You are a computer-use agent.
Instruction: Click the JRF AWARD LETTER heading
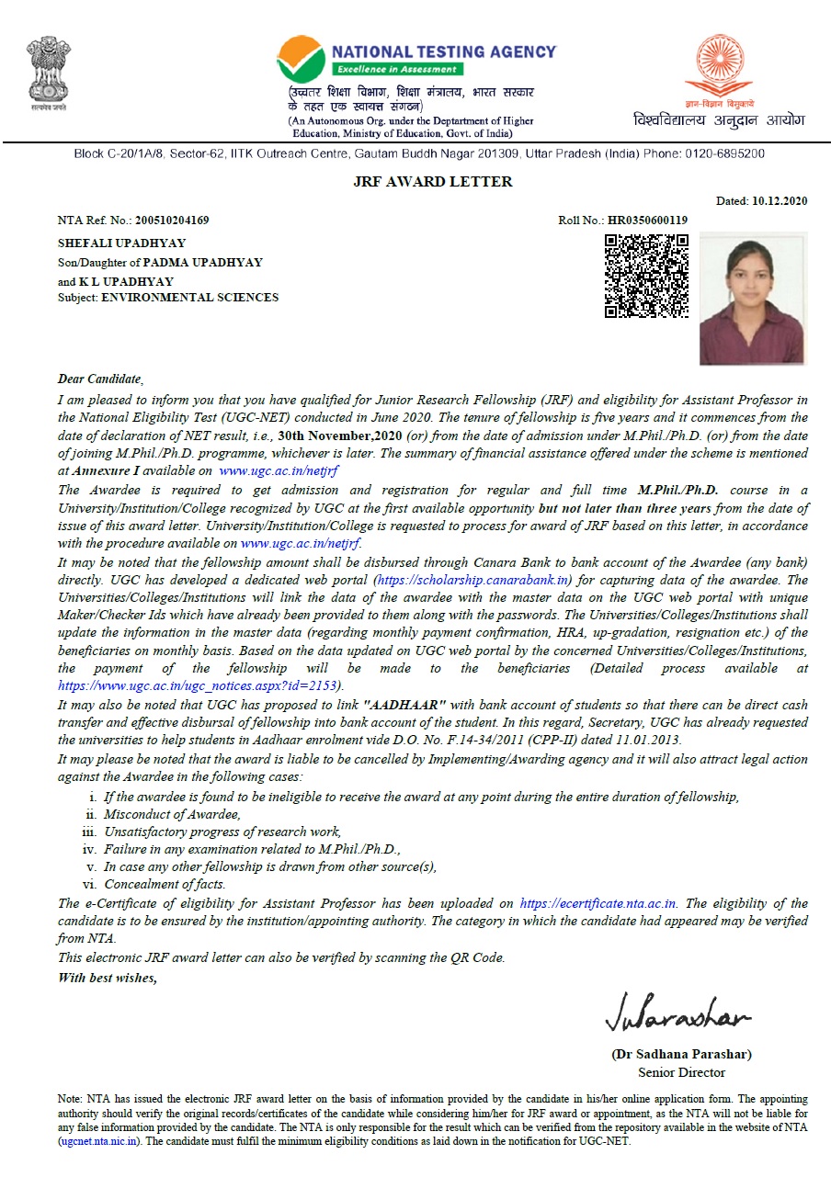point(432,181)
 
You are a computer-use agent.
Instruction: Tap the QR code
point(646,275)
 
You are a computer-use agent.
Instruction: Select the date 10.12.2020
point(780,201)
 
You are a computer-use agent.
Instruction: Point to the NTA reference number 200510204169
point(172,221)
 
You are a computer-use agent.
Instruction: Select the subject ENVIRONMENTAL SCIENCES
point(189,298)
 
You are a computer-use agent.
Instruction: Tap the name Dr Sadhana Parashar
point(681,1054)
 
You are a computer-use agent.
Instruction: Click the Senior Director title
point(681,1072)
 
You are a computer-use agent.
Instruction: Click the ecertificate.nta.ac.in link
point(598,903)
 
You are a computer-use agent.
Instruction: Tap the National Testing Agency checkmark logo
point(301,60)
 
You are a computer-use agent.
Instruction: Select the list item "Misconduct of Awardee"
point(172,814)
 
